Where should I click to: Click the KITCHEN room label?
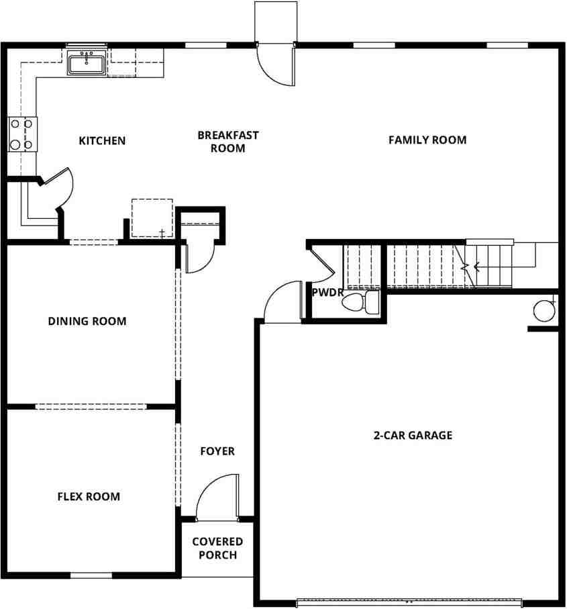pyautogui.click(x=102, y=141)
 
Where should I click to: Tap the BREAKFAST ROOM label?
pyautogui.click(x=227, y=142)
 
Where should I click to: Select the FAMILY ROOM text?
pyautogui.click(x=427, y=140)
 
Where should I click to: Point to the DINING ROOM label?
pyautogui.click(x=87, y=322)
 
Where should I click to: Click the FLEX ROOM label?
pyautogui.click(x=89, y=497)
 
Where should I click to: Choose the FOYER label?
pyautogui.click(x=217, y=451)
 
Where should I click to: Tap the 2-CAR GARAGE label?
pyautogui.click(x=413, y=435)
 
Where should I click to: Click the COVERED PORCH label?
pyautogui.click(x=217, y=549)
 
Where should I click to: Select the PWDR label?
pyautogui.click(x=327, y=293)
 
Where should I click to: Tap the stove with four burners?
pyautogui.click(x=21, y=134)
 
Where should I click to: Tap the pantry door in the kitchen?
pyautogui.click(x=59, y=187)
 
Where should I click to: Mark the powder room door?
pyautogui.click(x=322, y=263)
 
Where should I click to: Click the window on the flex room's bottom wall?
pyautogui.click(x=91, y=575)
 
